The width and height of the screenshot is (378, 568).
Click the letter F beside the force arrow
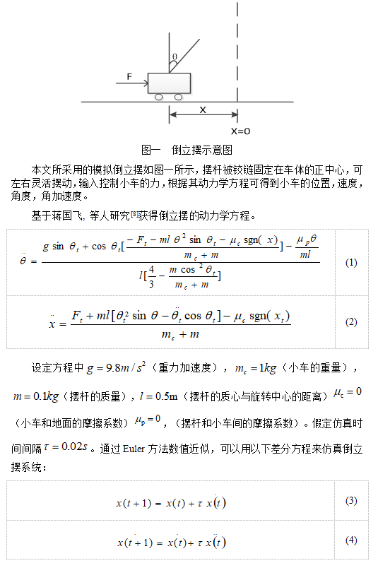129,76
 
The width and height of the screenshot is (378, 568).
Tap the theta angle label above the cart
175,57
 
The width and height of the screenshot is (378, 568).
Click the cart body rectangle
169,83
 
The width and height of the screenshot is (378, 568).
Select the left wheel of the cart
160,97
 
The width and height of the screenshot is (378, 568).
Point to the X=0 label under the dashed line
241,131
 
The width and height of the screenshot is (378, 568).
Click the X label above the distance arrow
203,110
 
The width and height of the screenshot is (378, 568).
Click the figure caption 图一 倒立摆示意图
187,150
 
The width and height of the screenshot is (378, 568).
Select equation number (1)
351,262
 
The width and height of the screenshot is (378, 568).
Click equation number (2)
351,322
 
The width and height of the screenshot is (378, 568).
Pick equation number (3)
351,501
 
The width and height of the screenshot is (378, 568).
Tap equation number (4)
351,540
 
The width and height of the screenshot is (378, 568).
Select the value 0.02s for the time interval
67,448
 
